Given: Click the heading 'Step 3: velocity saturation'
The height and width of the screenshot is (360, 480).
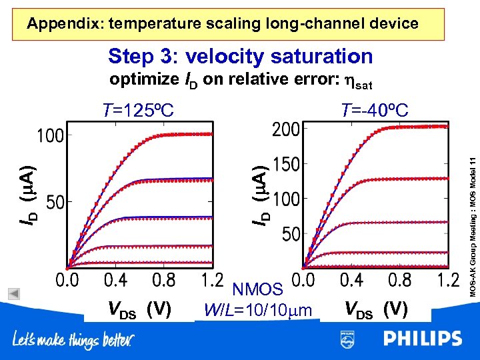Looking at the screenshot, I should [x=240, y=57].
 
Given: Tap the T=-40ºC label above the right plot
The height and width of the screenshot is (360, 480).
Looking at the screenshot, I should [x=374, y=109].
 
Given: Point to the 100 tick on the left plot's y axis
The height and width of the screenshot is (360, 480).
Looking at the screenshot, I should [x=50, y=135].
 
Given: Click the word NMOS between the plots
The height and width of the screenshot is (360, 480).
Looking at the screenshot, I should [x=257, y=289].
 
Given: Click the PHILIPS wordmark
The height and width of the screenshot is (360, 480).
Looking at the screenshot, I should [x=422, y=339].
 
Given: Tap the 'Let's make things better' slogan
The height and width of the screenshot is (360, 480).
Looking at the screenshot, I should [x=73, y=341].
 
